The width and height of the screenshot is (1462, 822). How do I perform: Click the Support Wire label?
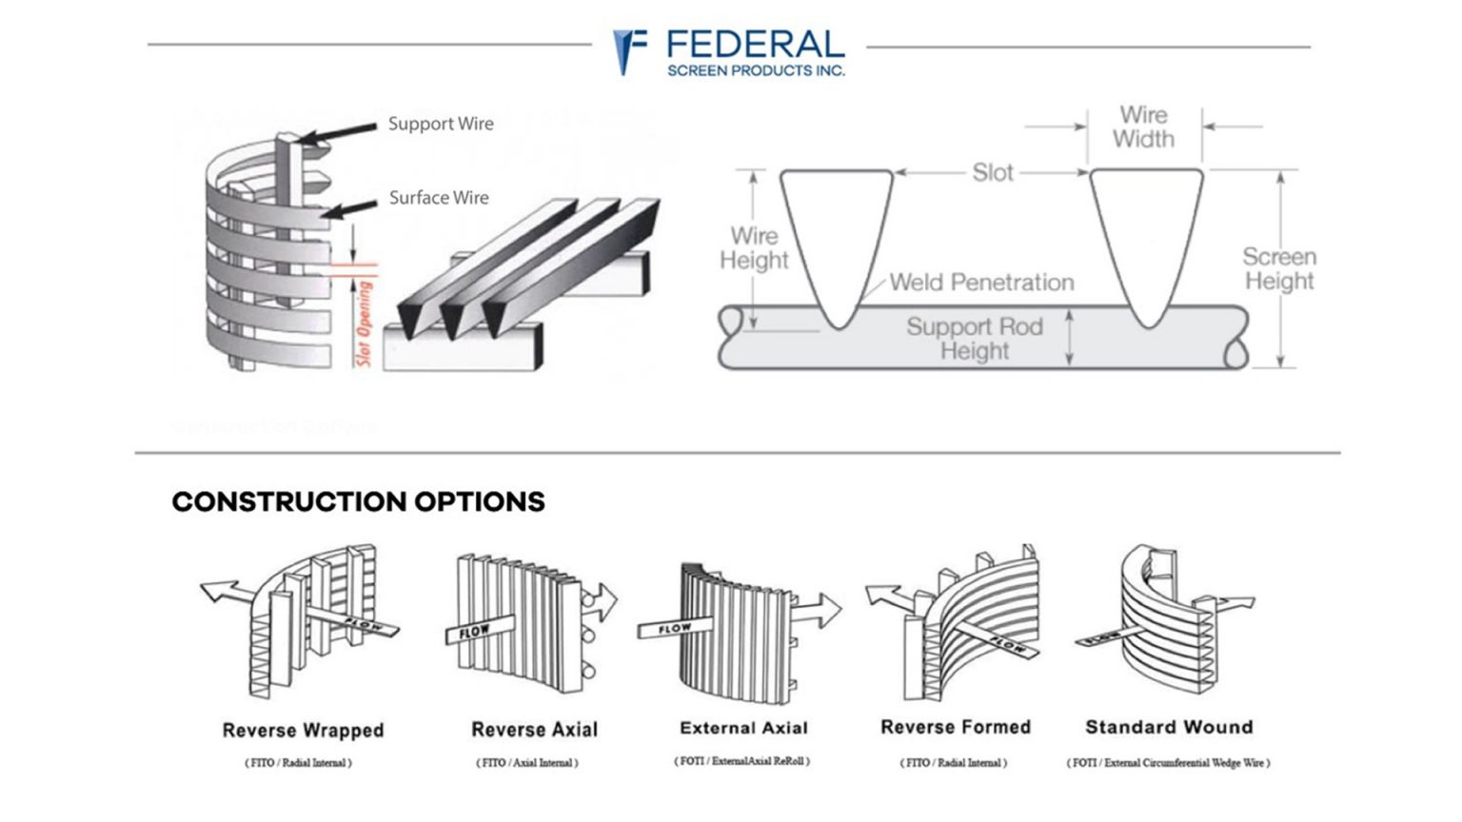[x=441, y=124]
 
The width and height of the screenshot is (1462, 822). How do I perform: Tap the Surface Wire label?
[x=439, y=198]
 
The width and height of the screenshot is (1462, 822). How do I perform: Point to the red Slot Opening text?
[x=364, y=323]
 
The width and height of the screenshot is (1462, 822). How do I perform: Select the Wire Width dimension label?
[x=1143, y=127]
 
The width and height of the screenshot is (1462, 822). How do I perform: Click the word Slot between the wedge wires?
[x=992, y=173]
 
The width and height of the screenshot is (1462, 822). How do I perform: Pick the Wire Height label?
[x=754, y=248]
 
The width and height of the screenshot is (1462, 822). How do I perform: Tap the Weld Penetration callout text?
[x=981, y=283]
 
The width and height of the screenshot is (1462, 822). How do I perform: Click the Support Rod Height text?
[x=974, y=339]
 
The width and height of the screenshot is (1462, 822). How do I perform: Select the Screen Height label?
[x=1279, y=269]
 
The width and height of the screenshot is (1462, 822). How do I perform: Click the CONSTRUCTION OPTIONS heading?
[x=358, y=502]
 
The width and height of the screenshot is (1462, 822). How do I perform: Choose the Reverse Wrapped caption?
[x=303, y=731]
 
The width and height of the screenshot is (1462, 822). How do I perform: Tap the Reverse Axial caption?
[x=534, y=730]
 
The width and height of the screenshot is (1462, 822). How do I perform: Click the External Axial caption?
[x=743, y=728]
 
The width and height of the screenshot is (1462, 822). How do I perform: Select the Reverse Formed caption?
[x=955, y=727]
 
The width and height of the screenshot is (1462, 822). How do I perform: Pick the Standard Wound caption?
[x=1169, y=727]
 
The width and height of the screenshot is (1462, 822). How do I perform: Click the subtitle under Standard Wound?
[x=1168, y=762]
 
